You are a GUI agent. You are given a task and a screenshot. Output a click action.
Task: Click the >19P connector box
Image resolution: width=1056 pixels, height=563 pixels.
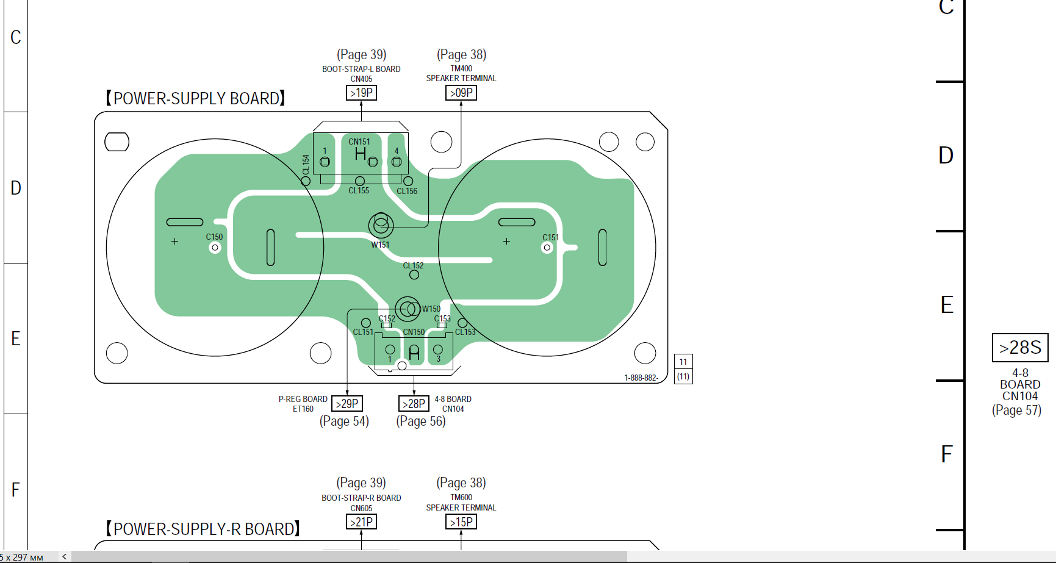[361, 93]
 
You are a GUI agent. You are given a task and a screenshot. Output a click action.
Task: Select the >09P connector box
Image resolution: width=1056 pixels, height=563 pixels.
[461, 93]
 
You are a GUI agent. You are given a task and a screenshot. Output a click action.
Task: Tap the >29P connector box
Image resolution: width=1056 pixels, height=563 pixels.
[347, 404]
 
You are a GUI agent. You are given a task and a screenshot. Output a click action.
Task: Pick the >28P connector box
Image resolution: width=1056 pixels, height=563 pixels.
[414, 404]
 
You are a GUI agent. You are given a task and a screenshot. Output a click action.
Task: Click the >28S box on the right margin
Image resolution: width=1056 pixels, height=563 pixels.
[1019, 348]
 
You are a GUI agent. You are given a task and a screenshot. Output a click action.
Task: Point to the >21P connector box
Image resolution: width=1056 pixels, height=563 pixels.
[361, 522]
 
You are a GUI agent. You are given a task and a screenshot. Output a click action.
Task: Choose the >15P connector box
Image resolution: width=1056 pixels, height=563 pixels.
[461, 522]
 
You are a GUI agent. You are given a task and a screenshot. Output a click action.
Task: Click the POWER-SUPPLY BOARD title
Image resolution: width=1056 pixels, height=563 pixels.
[195, 99]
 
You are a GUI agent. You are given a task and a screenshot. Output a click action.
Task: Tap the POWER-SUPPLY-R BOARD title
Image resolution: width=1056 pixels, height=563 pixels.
[203, 529]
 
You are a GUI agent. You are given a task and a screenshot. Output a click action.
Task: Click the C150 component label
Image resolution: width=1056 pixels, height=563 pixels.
[214, 237]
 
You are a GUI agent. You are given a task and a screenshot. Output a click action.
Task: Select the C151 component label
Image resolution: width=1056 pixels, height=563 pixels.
[550, 237]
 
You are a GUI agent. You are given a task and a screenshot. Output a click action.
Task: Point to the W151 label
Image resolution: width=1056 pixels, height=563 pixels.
[380, 245]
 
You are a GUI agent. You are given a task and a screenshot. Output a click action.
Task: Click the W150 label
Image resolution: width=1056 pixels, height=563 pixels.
[431, 309]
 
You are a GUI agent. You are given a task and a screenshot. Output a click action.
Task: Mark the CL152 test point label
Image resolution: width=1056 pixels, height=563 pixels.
[413, 265]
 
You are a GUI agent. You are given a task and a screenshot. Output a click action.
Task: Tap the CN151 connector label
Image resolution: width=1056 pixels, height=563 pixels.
[359, 142]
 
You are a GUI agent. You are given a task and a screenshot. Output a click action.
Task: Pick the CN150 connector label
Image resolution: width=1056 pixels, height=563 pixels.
[414, 332]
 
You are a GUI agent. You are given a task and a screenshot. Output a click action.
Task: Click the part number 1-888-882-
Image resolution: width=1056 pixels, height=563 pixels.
[641, 378]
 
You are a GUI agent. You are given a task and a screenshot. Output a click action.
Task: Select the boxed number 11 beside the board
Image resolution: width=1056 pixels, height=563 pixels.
[683, 362]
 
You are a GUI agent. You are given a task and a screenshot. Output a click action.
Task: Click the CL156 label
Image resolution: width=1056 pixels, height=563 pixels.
[407, 191]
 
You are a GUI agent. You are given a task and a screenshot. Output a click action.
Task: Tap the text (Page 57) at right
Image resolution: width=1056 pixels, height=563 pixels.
[1016, 410]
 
